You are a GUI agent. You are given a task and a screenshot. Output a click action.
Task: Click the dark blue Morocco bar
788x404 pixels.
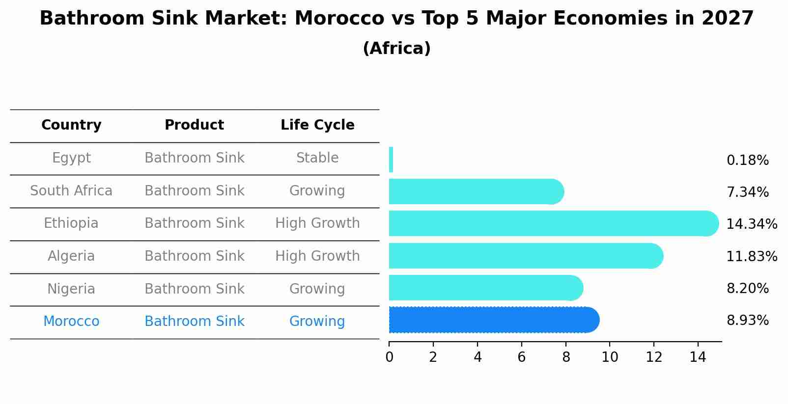coord(494,320)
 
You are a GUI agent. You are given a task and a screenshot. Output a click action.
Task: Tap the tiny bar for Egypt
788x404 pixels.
coord(391,160)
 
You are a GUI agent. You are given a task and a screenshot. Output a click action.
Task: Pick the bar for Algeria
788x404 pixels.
coord(526,256)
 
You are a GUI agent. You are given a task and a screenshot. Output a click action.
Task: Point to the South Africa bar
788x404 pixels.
coord(476,191)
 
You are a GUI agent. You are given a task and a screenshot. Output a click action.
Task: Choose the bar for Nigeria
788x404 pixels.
coord(485,288)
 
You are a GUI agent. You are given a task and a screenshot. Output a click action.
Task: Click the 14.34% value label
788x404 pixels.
coord(752,224)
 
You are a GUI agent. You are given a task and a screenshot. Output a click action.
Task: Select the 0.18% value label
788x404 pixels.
coord(747,161)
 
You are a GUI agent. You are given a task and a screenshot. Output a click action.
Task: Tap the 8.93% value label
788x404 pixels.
coord(747,321)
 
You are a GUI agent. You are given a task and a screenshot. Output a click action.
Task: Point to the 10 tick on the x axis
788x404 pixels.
coord(610,357)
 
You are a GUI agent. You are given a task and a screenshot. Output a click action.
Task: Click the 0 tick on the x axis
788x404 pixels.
coord(389,357)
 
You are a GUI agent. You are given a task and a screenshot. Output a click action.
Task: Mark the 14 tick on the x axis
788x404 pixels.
coord(698,357)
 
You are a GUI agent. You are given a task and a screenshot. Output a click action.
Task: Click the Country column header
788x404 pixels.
coord(71,125)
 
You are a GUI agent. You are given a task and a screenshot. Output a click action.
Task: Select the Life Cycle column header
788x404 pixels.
coord(317,125)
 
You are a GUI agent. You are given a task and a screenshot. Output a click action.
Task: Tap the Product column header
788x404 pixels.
coord(194,125)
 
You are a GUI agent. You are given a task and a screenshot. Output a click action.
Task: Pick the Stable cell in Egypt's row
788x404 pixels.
coord(317,158)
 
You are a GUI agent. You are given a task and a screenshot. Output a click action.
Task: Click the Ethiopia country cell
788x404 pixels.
coord(71,223)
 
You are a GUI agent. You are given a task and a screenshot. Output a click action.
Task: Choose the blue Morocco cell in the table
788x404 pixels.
coord(71,322)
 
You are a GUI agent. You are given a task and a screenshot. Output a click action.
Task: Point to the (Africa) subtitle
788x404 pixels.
coord(396,49)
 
